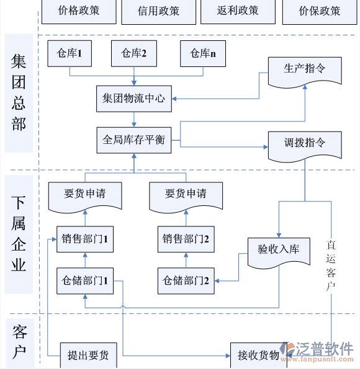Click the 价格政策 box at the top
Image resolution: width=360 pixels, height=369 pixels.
78,11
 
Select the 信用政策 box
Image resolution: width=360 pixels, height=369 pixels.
158,11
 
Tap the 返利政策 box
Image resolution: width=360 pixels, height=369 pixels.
238,11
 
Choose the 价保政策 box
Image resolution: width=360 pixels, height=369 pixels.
319,11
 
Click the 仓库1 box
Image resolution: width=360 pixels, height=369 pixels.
70,54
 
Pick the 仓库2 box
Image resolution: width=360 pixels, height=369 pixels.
133,54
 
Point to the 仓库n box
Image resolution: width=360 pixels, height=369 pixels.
203,54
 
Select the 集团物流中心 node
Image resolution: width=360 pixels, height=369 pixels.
134,99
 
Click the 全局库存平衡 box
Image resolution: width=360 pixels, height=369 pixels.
134,140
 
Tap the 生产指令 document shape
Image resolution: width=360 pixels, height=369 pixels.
304,70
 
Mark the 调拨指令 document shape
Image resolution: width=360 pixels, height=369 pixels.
304,144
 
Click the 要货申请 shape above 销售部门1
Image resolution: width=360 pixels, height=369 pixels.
85,194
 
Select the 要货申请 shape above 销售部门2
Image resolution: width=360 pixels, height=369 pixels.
186,194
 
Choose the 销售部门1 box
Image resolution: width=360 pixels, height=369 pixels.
85,239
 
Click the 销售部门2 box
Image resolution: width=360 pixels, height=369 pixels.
186,239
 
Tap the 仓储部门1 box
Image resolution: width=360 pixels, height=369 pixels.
85,280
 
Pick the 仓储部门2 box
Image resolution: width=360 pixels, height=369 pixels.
186,280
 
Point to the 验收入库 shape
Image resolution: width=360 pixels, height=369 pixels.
278,250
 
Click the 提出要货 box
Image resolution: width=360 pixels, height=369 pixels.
88,355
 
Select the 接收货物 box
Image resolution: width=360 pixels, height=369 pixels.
258,355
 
